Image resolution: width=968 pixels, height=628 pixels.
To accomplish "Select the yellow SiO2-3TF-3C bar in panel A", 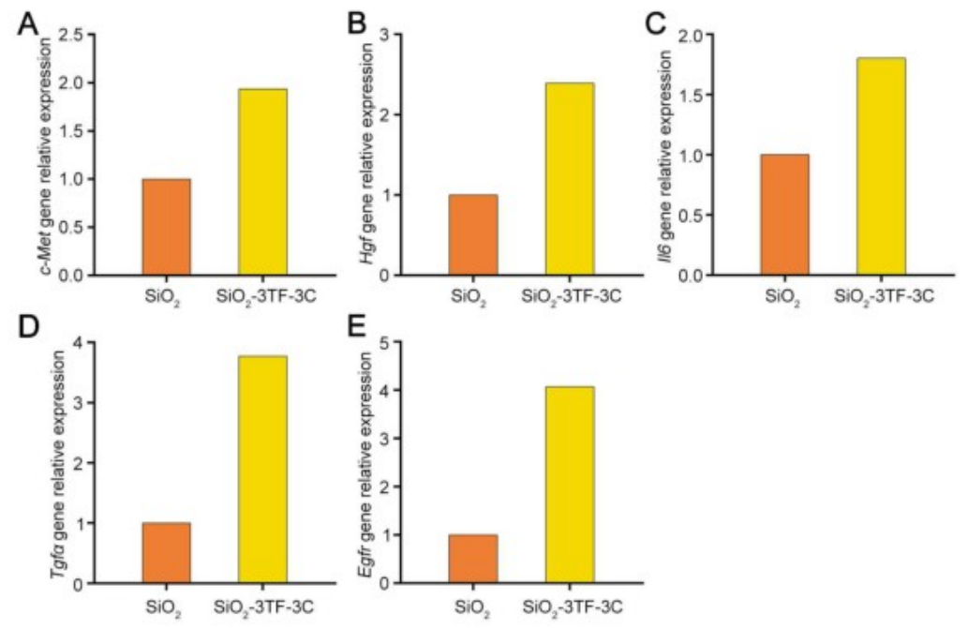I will [262, 182].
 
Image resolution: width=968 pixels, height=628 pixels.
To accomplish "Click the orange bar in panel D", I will [166, 552].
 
